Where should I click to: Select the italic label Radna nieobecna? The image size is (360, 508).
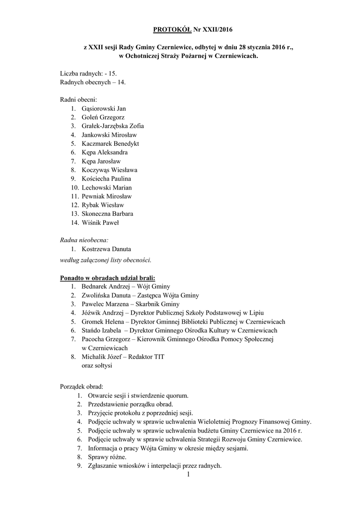point(80,240)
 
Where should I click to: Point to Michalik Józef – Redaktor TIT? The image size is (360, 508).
point(123,357)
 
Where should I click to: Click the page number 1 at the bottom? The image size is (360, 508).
point(189,475)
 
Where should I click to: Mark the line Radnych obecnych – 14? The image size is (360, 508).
point(93,82)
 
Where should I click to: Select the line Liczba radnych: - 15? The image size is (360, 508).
point(88,73)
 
